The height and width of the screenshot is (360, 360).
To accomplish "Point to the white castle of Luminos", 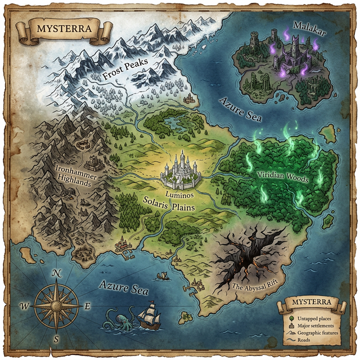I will point(180,170).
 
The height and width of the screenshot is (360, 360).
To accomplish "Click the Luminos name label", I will point(180,194).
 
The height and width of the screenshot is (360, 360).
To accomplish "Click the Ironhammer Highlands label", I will point(76,172).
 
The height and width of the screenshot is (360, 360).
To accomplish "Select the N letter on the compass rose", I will point(56,273).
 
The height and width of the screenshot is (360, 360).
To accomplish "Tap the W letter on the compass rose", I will point(25,307).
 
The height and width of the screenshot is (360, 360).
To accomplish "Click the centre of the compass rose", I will point(56,306).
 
